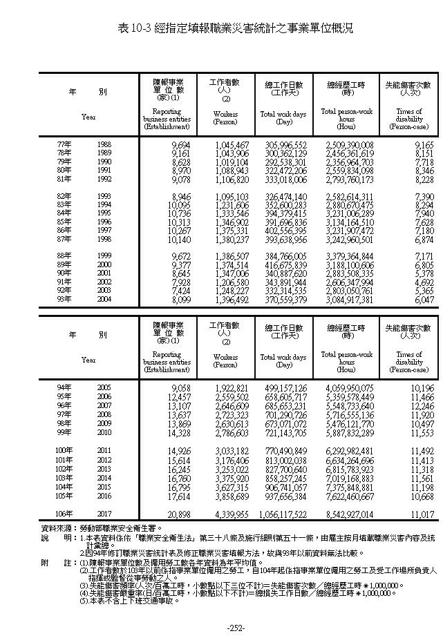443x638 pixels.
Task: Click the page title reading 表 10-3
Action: click(x=221, y=28)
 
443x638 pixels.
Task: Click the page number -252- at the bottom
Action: click(x=221, y=628)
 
